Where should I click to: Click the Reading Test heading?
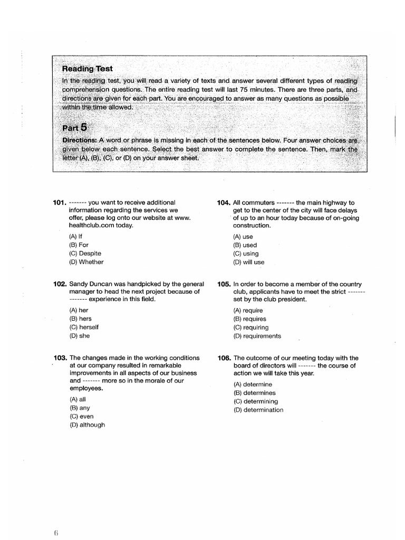pos(87,69)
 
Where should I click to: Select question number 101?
pos(60,202)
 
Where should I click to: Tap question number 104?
pos(224,202)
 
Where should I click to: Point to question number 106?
pos(224,358)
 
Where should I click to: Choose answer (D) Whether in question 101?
pos(86,262)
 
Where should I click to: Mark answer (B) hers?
pos(80,319)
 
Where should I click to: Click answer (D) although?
pos(86,425)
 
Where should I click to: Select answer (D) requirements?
pos(257,336)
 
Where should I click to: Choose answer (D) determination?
pos(258,410)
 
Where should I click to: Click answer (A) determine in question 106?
pos(253,384)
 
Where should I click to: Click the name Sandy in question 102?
pos(79,283)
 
